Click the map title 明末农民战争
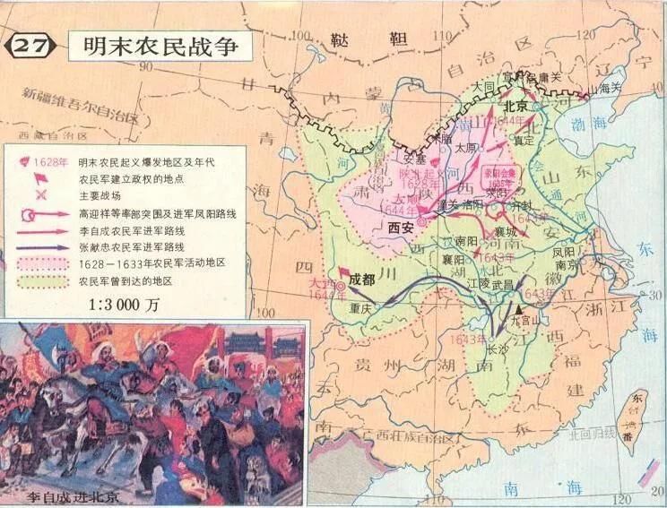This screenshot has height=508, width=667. point(161,45)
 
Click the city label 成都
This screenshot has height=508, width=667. point(364,278)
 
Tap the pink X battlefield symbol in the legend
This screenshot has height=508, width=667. point(39,196)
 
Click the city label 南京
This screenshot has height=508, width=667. point(564,265)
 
